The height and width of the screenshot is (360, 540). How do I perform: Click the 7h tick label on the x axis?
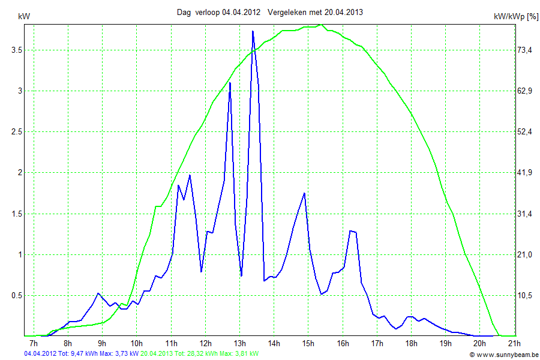[x=34, y=343]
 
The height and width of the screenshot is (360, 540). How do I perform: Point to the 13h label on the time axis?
[x=239, y=343]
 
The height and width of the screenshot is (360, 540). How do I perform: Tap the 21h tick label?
[x=514, y=343]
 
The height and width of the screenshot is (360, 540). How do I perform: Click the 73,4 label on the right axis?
[x=525, y=50]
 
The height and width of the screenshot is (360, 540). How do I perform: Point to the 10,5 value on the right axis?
[x=525, y=295]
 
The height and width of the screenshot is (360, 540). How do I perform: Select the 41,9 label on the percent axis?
[x=525, y=173]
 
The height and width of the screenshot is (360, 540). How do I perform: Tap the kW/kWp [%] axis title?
[x=516, y=17]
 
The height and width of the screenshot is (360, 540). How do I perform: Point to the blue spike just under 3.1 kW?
[x=230, y=83]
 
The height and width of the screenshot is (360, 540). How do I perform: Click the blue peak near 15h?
[x=305, y=193]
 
